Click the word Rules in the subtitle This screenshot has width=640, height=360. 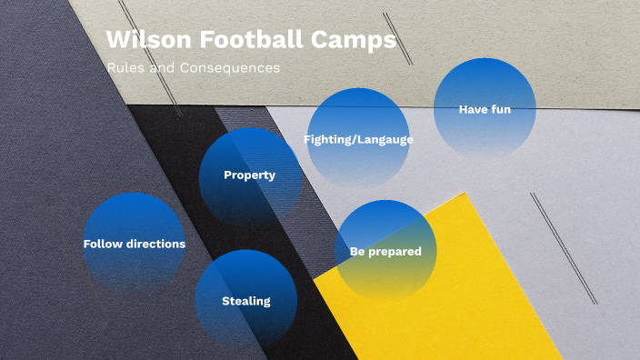coord(124,68)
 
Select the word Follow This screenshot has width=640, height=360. coord(102,244)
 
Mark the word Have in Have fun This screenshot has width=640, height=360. coord(472,109)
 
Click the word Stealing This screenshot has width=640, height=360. coord(246,301)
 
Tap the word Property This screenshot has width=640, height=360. coord(250,175)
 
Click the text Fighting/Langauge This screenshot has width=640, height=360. coord(358,139)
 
